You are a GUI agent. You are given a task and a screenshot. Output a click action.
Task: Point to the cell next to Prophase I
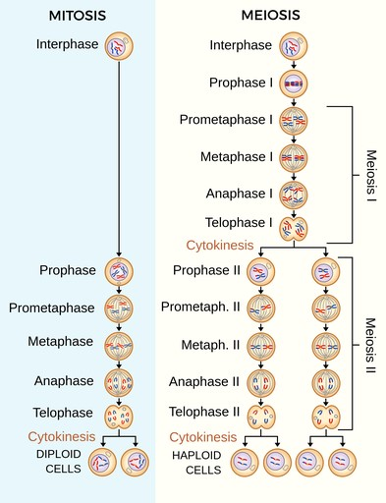(295, 84)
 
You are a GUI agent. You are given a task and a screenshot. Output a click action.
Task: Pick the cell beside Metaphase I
(295, 156)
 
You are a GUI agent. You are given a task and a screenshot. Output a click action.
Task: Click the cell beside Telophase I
(295, 229)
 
